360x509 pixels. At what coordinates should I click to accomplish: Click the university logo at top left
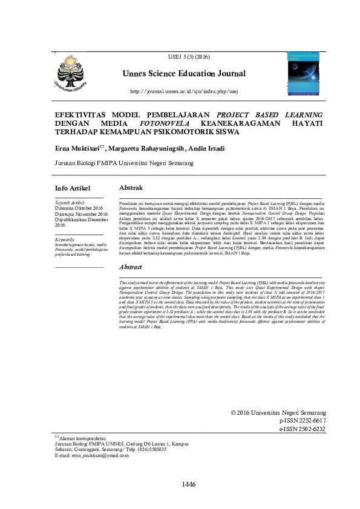click(71, 71)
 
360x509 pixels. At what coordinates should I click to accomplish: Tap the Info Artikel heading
click(73, 188)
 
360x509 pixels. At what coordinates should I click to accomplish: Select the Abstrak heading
click(131, 188)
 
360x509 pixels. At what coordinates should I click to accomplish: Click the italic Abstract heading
click(131, 266)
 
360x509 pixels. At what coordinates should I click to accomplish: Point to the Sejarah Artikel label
click(70, 203)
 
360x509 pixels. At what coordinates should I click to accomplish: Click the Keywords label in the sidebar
click(66, 240)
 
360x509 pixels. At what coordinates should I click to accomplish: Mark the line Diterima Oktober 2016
click(80, 209)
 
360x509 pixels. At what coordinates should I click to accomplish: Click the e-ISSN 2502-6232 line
click(302, 429)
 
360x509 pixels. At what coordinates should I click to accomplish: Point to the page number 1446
click(189, 484)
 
